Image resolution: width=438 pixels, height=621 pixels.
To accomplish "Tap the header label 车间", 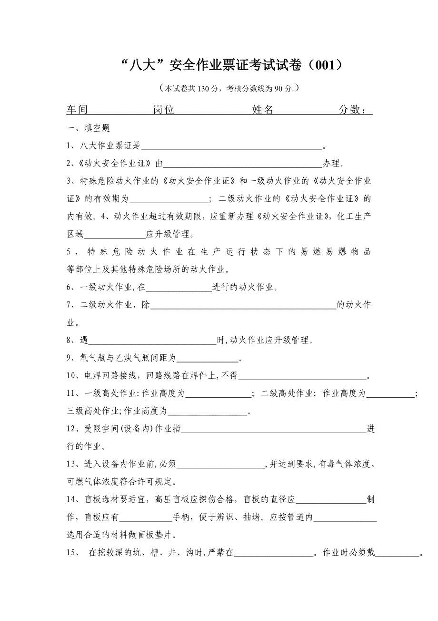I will coord(77,110).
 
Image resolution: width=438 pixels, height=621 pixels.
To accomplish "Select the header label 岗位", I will coord(163,110).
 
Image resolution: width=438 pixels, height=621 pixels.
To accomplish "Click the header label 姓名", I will coord(262,110).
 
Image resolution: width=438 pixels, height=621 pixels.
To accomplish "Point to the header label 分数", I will coord(349,110).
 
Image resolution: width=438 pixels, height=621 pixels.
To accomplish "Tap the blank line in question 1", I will coord(232,147).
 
